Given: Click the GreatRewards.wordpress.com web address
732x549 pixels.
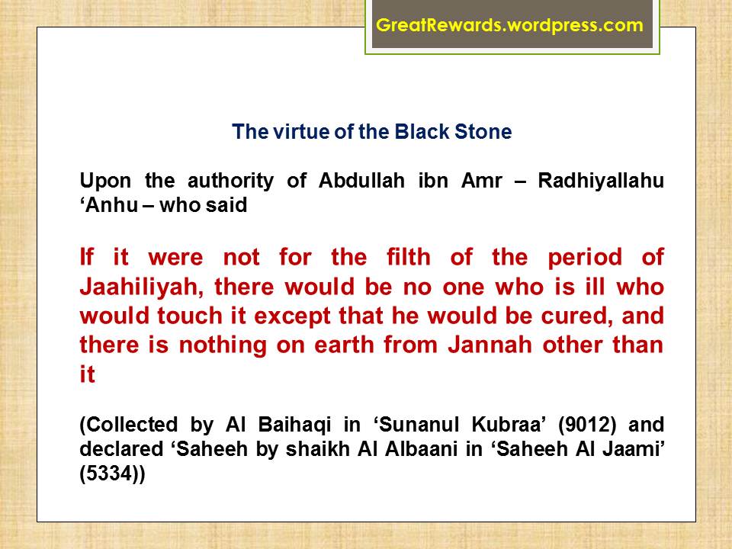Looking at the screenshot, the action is coord(510,24).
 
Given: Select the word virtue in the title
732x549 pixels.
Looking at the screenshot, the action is coord(300,132).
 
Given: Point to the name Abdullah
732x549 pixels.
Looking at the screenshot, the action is coord(361,181).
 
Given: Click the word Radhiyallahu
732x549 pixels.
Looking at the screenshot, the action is coord(601,181).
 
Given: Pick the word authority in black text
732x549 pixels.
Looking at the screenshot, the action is coord(230,181).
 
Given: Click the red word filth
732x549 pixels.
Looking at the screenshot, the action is coord(409,257).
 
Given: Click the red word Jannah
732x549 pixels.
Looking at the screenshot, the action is coord(490,345).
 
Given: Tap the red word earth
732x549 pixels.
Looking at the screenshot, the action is coord(344,345).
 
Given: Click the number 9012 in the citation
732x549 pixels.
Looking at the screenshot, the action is coord(587,425).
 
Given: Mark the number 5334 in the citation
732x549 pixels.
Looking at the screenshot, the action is coord(113,474).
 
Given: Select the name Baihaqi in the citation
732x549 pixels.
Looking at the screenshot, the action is coord(294,425).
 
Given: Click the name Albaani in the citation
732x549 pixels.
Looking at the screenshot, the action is coord(419,449).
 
